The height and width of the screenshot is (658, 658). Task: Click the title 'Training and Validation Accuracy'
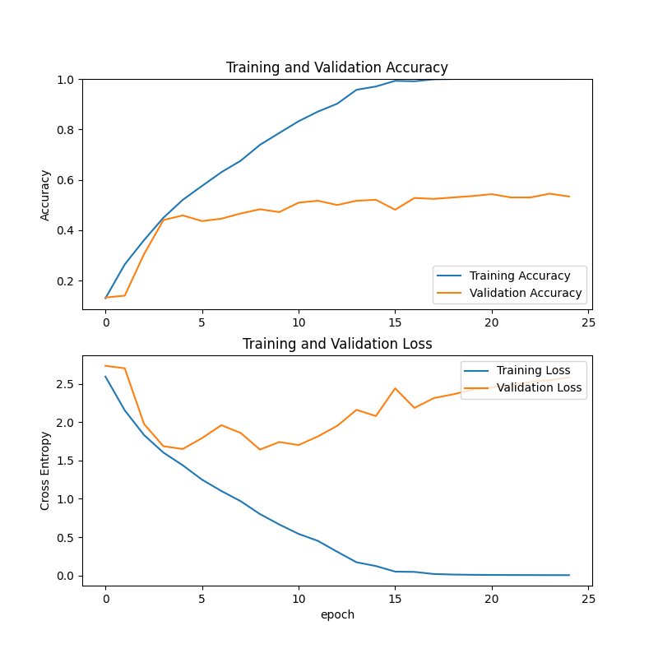click(x=337, y=67)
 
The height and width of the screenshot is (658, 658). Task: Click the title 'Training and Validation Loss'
click(x=337, y=344)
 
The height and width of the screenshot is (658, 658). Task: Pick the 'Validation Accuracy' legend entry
click(x=525, y=293)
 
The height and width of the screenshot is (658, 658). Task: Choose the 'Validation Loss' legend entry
click(x=539, y=387)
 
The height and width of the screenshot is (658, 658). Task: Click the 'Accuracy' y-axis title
click(x=46, y=195)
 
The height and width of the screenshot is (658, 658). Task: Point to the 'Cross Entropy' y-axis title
click(x=46, y=470)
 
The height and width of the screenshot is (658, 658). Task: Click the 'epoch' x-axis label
click(x=337, y=614)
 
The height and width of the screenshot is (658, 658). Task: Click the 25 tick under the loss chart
click(x=588, y=598)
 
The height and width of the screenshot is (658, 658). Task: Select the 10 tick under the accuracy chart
click(x=299, y=322)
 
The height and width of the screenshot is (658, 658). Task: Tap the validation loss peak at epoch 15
click(x=395, y=388)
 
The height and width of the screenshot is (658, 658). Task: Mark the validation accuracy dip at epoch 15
click(x=395, y=210)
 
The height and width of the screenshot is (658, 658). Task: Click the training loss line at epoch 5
click(x=202, y=480)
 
